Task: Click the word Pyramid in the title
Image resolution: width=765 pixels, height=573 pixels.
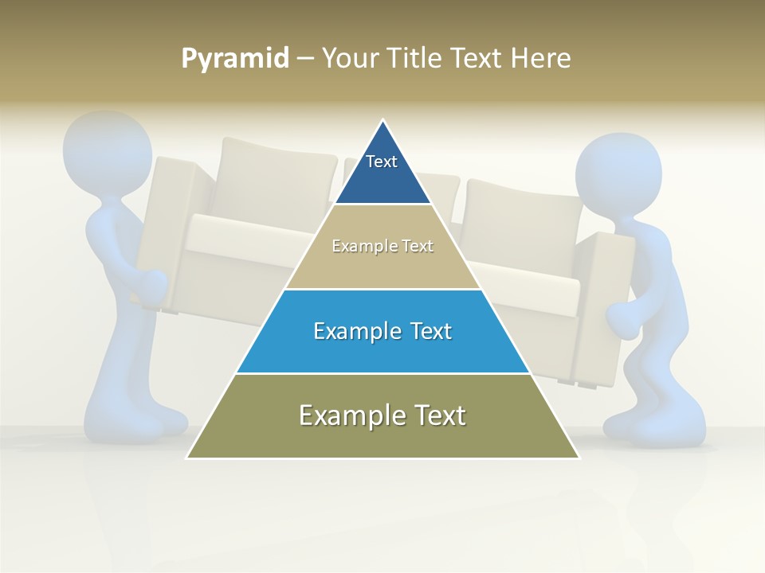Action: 235,58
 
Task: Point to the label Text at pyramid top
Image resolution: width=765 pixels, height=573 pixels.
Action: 382,162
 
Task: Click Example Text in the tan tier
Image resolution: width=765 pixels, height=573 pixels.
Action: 382,246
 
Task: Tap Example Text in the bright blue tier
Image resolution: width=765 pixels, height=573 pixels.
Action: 382,331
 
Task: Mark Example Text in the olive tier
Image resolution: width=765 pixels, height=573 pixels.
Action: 382,415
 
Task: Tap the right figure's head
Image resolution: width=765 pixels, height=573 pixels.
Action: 618,175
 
